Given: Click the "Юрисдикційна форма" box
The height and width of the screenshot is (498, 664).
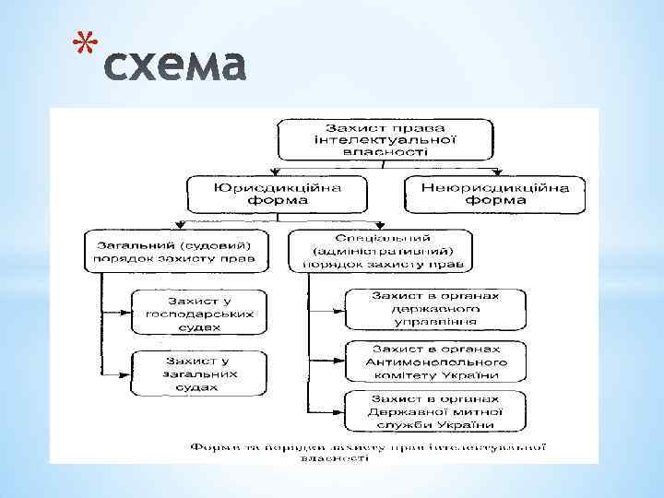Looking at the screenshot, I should (277, 193).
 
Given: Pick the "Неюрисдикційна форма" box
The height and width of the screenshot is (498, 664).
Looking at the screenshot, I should (495, 193).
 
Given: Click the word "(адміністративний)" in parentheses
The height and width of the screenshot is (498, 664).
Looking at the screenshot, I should (380, 250).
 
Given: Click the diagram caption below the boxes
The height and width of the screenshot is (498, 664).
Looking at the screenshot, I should (369, 451).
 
